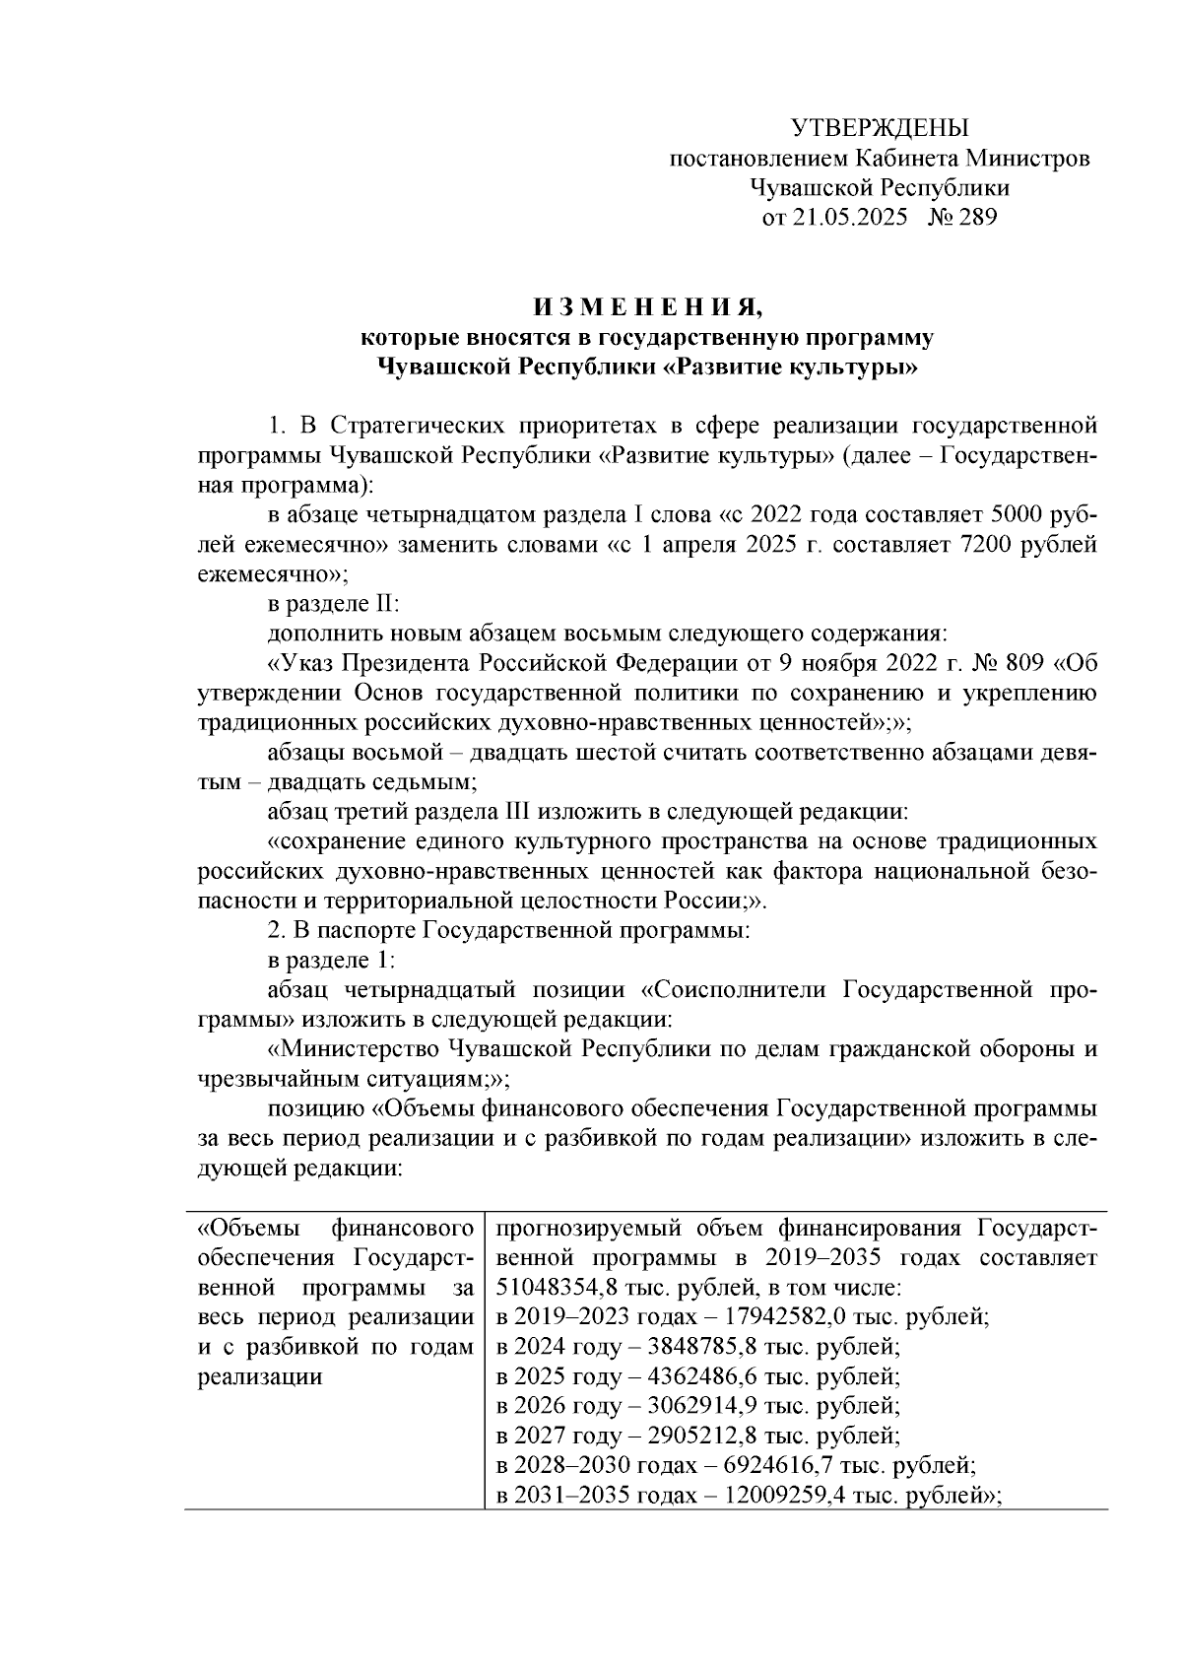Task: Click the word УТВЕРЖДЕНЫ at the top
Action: tap(881, 127)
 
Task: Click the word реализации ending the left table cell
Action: tap(260, 1377)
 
